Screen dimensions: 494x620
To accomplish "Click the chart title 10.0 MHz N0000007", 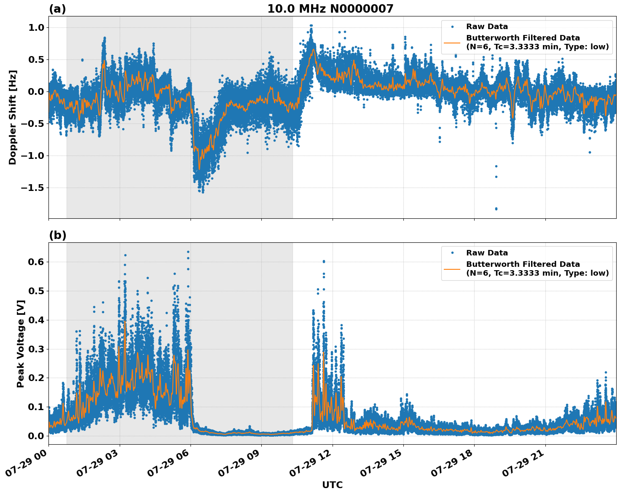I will click(330, 9).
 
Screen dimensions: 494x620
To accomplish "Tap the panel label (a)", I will click(57, 9).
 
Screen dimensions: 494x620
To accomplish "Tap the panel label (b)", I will click(57, 235).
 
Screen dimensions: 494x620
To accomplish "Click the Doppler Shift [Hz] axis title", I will click(13, 117).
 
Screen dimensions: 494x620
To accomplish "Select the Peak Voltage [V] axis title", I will click(21, 344).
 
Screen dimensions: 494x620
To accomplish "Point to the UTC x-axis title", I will click(332, 485).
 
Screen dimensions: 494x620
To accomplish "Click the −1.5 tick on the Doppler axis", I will click(33, 188).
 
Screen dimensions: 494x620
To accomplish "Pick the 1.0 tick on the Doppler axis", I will click(36, 27).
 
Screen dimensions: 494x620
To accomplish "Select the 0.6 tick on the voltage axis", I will click(36, 262).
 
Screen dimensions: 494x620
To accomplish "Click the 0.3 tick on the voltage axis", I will click(36, 349).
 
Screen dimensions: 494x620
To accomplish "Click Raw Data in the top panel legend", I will click(487, 27).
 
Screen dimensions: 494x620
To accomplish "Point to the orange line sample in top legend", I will click(452, 42).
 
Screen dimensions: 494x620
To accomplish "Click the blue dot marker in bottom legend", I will click(452, 253).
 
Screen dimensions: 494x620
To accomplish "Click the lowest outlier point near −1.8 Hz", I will click(496, 209).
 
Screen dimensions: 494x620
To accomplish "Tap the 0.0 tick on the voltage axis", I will click(36, 436).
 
